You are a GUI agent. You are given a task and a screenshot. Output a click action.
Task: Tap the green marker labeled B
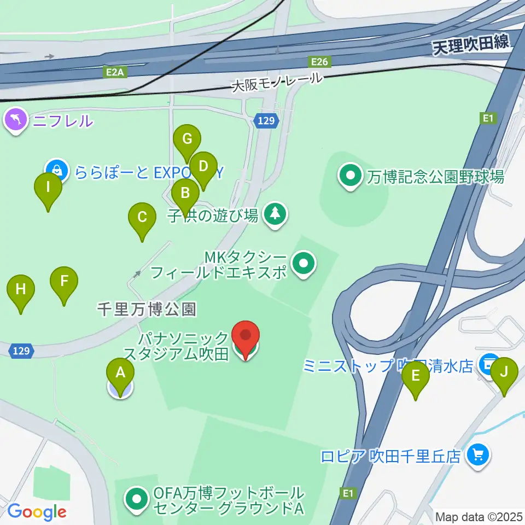coord(185,193)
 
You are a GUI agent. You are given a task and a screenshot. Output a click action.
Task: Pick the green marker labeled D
coord(203,166)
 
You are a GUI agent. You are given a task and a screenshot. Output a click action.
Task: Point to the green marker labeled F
coord(64,282)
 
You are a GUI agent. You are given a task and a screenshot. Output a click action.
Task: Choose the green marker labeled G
coord(188,139)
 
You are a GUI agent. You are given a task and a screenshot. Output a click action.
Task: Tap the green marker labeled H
coord(21,289)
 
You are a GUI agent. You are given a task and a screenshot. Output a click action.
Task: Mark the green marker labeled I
coord(48,188)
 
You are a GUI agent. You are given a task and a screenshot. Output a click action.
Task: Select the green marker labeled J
coord(504,372)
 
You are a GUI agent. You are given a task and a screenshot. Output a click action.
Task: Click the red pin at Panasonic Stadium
coord(246,336)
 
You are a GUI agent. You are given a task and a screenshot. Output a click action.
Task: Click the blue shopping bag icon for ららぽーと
coord(57,171)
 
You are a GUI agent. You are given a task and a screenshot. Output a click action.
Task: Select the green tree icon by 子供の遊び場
coord(275,213)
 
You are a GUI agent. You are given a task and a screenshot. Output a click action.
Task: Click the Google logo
coord(37,512)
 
